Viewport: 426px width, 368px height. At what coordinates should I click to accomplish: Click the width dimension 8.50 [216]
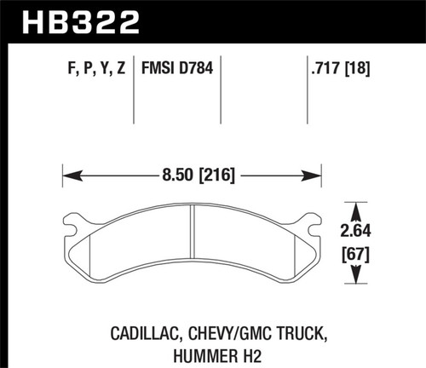(x=194, y=176)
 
